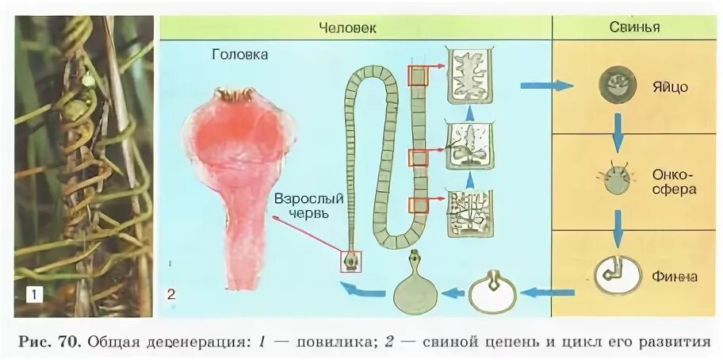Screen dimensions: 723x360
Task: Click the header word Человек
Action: click(347, 28)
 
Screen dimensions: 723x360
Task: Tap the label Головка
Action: click(240, 55)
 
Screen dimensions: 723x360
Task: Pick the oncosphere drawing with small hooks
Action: click(616, 180)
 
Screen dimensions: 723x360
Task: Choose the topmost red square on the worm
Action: click(418, 75)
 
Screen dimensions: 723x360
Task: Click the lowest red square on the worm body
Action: click(418, 206)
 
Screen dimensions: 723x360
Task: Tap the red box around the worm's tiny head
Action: click(350, 261)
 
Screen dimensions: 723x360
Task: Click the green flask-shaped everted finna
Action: click(415, 286)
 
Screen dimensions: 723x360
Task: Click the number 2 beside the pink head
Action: click(171, 295)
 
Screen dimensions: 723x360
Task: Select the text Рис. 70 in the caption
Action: click(48, 343)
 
